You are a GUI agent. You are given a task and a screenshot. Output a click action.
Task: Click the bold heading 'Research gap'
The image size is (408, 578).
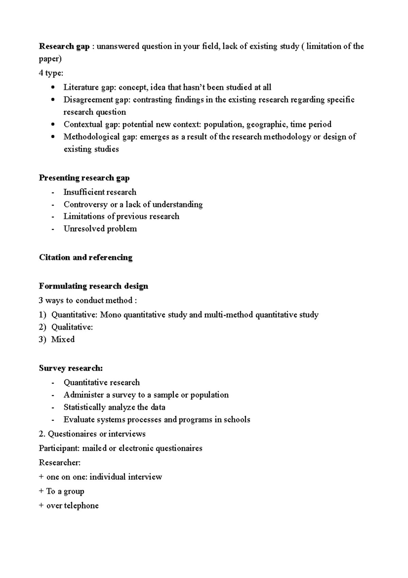[x=64, y=47]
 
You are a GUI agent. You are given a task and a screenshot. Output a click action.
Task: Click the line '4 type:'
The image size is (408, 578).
[x=51, y=73]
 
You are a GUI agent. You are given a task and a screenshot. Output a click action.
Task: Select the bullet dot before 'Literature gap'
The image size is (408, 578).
[x=52, y=87]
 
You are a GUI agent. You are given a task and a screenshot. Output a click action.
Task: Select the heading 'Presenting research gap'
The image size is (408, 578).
[x=84, y=178]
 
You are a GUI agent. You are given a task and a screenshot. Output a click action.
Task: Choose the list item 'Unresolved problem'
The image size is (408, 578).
[x=100, y=229]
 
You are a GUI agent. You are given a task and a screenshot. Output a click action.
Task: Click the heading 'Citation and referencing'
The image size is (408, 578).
[x=86, y=257]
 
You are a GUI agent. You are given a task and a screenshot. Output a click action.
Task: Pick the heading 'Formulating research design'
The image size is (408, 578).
[x=93, y=286]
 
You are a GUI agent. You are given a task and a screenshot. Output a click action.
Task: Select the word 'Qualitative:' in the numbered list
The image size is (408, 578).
[x=72, y=327]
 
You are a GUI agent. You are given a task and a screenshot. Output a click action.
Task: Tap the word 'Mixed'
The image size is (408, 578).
[x=63, y=339]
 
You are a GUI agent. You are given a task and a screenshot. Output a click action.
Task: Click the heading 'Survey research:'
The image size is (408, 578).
[x=71, y=368]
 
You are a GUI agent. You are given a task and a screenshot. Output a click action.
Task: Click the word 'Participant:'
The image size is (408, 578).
[x=59, y=448]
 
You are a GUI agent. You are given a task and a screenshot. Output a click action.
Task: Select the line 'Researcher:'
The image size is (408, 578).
[x=60, y=463]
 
